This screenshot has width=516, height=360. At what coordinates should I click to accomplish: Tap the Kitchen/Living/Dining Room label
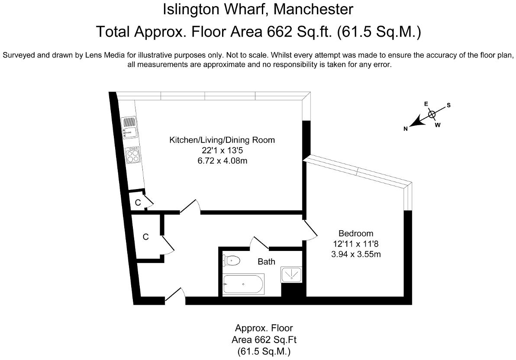coord(222,140)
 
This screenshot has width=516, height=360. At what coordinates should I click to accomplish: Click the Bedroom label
coord(355,234)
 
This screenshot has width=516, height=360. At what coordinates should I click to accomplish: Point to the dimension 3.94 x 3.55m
coord(355,254)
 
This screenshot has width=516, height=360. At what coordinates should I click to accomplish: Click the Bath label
coord(266,261)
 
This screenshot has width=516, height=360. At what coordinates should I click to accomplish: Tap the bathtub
coord(243,284)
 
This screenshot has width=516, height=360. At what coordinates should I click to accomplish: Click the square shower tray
coord(292,274)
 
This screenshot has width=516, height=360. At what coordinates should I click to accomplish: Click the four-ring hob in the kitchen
coord(133,154)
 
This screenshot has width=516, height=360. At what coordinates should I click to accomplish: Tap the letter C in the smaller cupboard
coord(138,202)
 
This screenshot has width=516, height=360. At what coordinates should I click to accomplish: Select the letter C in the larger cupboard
coord(146,237)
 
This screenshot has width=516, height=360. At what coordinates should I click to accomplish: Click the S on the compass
coord(448,105)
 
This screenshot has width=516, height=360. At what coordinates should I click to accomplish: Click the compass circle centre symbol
coord(432,114)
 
